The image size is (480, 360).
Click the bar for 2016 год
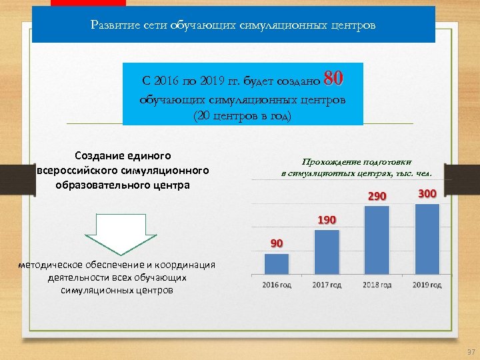277,263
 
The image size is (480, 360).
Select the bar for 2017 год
327,252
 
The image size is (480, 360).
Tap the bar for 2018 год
377,240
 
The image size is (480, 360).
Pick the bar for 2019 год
427,239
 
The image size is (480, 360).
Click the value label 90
277,243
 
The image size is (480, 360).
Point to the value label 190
327,220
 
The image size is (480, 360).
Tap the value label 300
427,193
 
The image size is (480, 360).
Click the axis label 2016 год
277,285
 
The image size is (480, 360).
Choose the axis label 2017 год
327,285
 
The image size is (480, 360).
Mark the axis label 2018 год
377,285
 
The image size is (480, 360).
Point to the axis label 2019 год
427,285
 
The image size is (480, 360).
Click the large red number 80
333,79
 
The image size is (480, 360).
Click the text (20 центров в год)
243,115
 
